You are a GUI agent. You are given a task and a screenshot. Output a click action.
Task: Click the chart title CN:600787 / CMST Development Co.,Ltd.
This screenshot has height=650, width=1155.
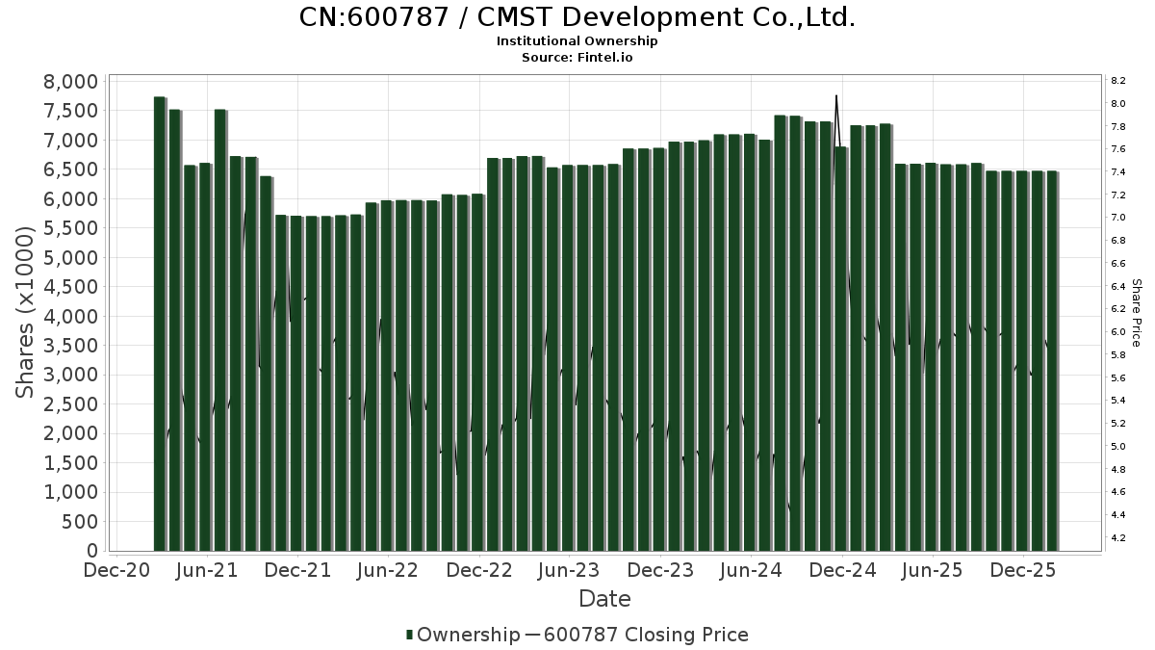(x=577, y=17)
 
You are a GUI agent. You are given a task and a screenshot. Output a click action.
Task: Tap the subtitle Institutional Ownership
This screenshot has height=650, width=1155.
(x=577, y=41)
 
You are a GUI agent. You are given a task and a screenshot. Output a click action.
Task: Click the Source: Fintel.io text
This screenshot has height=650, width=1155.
(x=577, y=57)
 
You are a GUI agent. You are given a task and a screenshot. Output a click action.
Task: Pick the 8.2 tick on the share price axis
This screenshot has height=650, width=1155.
(x=1117, y=81)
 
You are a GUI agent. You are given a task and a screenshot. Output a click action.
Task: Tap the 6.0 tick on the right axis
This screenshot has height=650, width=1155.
(x=1117, y=332)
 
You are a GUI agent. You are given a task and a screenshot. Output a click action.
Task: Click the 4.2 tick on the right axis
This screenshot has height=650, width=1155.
(x=1117, y=538)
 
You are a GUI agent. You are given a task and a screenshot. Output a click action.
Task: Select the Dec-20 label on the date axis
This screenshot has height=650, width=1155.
(x=116, y=570)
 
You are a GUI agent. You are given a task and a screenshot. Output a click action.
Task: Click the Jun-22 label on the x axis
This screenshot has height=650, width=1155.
(x=387, y=570)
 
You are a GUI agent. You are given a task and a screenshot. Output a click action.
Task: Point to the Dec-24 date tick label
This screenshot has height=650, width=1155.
(x=842, y=570)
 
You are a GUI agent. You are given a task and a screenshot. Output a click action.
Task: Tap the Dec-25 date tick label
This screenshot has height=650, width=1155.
(x=1024, y=570)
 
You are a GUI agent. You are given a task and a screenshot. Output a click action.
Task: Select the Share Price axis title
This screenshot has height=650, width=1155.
(x=1136, y=313)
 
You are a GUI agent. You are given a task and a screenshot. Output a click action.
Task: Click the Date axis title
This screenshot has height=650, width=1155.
(x=604, y=599)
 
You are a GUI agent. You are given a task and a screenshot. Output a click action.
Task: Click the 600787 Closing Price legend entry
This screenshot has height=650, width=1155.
(x=645, y=635)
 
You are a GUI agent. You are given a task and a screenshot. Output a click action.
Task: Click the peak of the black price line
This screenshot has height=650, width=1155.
(x=836, y=96)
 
